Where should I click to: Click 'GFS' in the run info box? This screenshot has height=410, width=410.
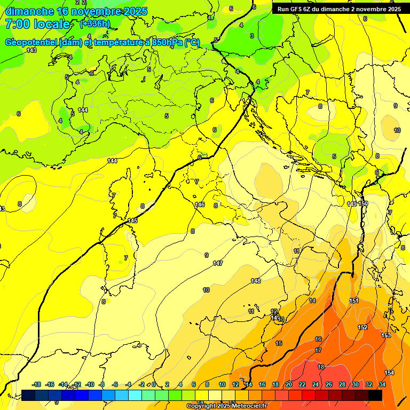click(x=297, y=9)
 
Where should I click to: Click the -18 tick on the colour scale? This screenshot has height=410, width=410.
click(x=36, y=384)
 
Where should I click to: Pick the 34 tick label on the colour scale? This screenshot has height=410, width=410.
click(x=382, y=384)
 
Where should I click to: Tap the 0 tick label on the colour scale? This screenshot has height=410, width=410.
click(x=154, y=384)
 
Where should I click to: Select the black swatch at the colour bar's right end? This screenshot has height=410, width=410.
click(x=375, y=395)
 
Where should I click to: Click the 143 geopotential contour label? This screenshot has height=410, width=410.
click(x=31, y=50)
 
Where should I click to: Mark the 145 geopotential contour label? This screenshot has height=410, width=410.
click(x=133, y=220)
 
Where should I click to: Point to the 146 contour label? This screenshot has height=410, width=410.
click(x=200, y=204)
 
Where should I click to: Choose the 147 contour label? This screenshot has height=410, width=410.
click(x=218, y=263)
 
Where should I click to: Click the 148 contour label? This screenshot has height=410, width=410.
click(x=256, y=281)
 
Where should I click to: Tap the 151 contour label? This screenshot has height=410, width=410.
click(x=354, y=301)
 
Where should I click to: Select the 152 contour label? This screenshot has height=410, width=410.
click(x=362, y=327)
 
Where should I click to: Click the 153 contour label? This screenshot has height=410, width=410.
click(x=386, y=335)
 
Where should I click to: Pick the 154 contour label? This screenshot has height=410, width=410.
click(x=389, y=373)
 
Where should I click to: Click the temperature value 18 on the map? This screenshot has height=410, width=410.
click(x=321, y=367)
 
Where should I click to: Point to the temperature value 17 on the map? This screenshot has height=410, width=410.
click(x=318, y=351)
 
